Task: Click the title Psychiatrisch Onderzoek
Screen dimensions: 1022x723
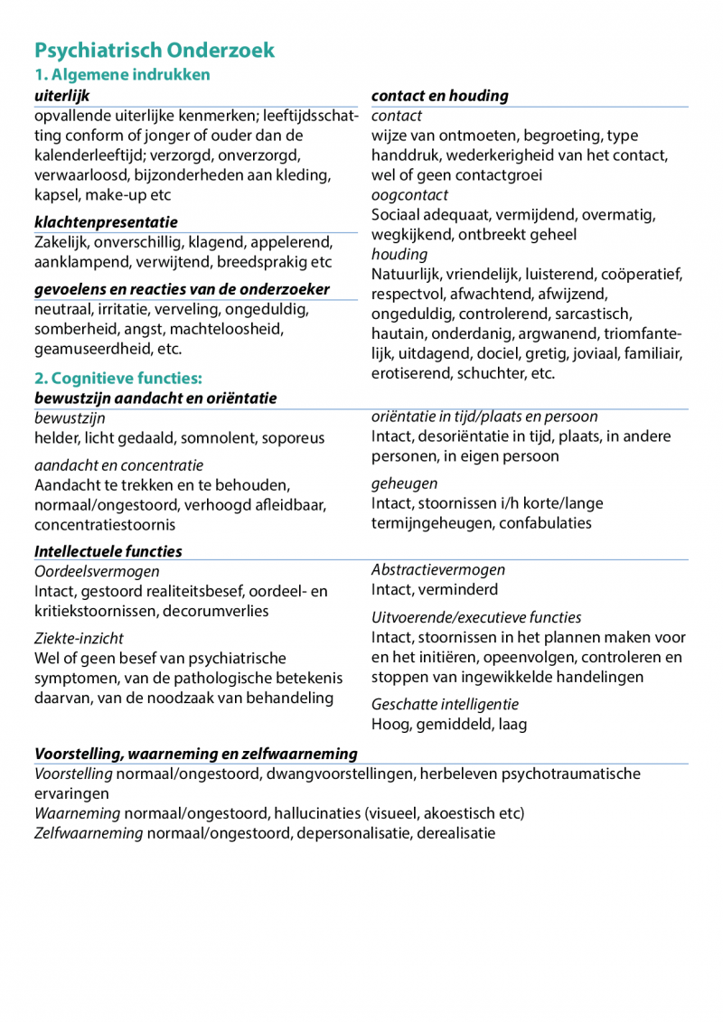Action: click(x=155, y=51)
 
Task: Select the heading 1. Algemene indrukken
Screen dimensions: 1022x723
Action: click(x=122, y=75)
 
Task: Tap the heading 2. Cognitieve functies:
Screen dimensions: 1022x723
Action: click(x=118, y=379)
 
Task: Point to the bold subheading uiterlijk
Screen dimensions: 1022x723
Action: click(x=62, y=96)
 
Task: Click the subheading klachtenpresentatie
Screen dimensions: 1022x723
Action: click(x=107, y=222)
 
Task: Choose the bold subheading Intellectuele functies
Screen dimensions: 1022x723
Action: click(x=108, y=551)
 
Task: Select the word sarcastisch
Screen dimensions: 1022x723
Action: click(x=605, y=314)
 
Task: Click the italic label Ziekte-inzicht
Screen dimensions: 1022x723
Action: click(x=80, y=639)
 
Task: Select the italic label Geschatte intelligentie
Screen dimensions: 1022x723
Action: click(x=446, y=704)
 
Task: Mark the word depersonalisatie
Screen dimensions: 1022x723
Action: click(x=353, y=833)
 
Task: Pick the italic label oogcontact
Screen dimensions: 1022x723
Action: click(x=409, y=195)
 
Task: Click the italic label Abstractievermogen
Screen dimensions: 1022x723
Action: click(x=438, y=569)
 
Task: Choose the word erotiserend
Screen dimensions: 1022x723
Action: click(x=412, y=373)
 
